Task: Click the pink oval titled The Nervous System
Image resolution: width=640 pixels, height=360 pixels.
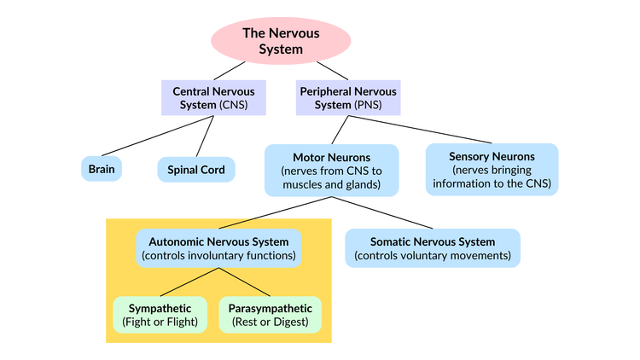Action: pyautogui.click(x=281, y=42)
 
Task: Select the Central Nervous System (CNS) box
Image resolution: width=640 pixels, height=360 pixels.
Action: pyautogui.click(x=213, y=97)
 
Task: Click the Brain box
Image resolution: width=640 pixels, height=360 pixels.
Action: pyautogui.click(x=102, y=169)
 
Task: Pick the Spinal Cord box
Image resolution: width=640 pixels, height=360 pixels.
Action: pyautogui.click(x=196, y=169)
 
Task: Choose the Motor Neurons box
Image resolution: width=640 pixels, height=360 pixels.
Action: pyautogui.click(x=331, y=170)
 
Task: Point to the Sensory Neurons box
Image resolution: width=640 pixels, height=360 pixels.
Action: pyautogui.click(x=492, y=169)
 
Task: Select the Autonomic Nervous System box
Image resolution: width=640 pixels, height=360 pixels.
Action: pyautogui.click(x=219, y=247)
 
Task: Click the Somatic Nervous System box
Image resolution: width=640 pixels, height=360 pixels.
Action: pyautogui.click(x=433, y=247)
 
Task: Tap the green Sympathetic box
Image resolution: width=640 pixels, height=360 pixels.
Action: pyautogui.click(x=160, y=315)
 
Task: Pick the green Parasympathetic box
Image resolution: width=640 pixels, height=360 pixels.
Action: pyautogui.click(x=271, y=315)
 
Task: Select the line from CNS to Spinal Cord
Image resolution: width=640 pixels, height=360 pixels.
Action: pyautogui.click(x=204, y=136)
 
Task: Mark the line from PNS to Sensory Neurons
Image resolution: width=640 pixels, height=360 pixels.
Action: pyautogui.click(x=427, y=129)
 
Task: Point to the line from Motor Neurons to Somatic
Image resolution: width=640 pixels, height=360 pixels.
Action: pyautogui.click(x=382, y=213)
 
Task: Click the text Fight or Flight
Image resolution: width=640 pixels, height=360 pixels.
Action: pyautogui.click(x=160, y=322)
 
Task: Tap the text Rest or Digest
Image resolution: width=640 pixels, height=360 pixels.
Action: pyautogui.click(x=271, y=322)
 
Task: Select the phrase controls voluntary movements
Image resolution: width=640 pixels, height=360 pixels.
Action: pyautogui.click(x=433, y=255)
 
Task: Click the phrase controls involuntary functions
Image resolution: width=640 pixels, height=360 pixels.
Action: pyautogui.click(x=219, y=255)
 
